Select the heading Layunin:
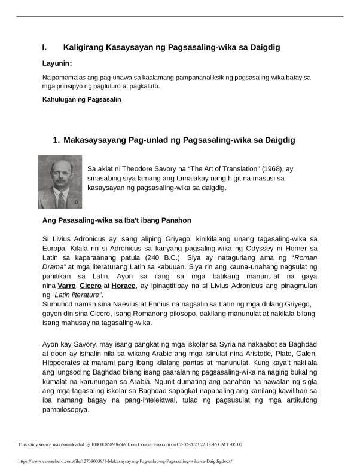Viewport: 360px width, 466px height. (x=57, y=63)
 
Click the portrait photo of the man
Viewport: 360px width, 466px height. (x=60, y=182)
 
